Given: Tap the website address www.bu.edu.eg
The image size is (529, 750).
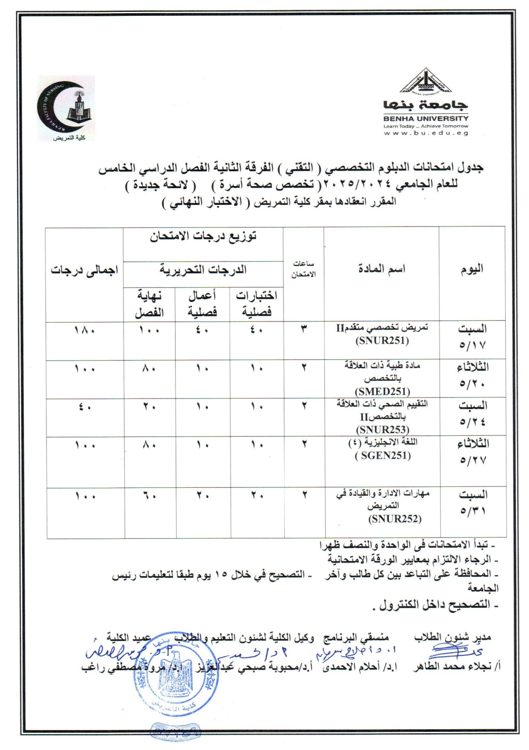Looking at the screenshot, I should (426, 133).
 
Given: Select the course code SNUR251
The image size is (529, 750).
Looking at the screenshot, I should (382, 341).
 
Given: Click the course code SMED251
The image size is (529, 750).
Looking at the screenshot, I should (382, 392).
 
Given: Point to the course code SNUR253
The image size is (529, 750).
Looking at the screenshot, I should (382, 430).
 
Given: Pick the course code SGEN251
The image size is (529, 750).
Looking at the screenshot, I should (382, 456).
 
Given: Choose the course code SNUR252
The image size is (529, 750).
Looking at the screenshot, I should (395, 519).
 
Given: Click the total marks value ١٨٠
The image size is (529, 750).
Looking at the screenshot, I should (84, 330).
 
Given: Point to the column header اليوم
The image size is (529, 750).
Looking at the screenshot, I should (472, 269).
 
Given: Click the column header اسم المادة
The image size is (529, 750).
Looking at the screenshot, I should (381, 269).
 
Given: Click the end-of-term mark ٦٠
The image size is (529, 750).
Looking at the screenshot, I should (149, 496).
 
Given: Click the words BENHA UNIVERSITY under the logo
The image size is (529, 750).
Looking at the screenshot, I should (426, 119).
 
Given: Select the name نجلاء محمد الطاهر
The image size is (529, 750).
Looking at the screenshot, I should (454, 667).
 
